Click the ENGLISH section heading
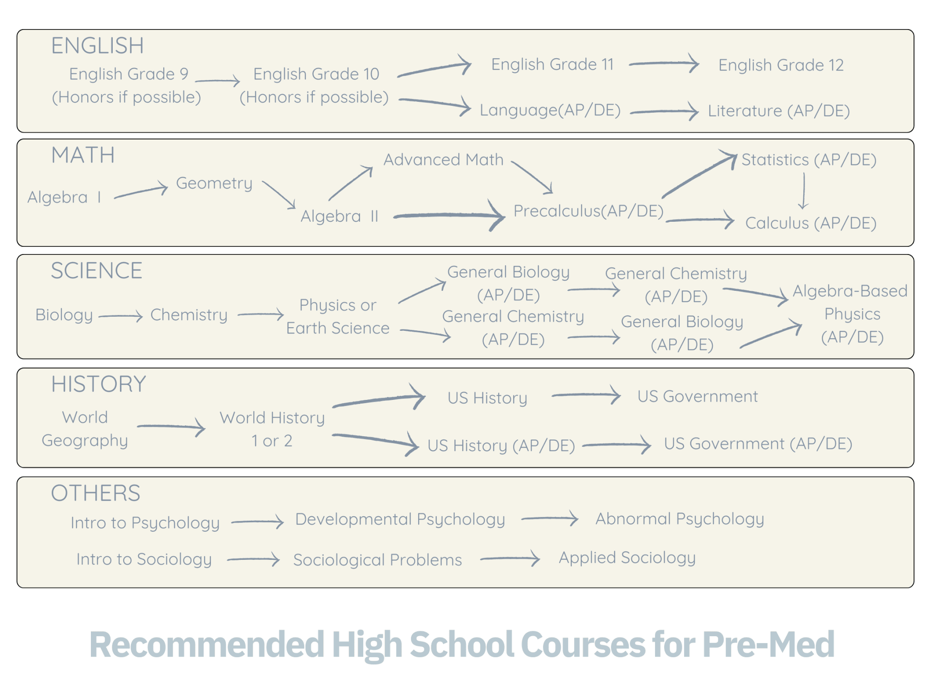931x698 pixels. (x=97, y=46)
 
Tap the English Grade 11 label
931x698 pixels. (x=552, y=65)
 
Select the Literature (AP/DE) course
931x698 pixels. (x=779, y=111)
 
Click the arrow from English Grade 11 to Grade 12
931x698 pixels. (x=664, y=64)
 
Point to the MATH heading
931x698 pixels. (x=83, y=155)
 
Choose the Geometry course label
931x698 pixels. (x=214, y=183)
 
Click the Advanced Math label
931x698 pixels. (x=443, y=160)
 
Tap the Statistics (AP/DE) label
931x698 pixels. (x=809, y=160)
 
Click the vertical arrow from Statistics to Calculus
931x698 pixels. (x=804, y=191)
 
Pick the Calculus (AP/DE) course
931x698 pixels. (x=811, y=223)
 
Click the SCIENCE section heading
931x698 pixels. (x=96, y=271)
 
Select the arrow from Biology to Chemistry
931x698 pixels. (x=120, y=316)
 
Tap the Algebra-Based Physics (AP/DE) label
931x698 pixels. (x=851, y=314)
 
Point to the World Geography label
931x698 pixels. (x=85, y=429)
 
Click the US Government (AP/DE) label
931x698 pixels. (x=758, y=444)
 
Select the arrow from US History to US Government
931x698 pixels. (x=586, y=395)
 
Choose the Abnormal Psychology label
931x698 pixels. (x=680, y=519)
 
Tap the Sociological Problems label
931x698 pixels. (x=377, y=560)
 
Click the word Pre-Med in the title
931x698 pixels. (x=768, y=645)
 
